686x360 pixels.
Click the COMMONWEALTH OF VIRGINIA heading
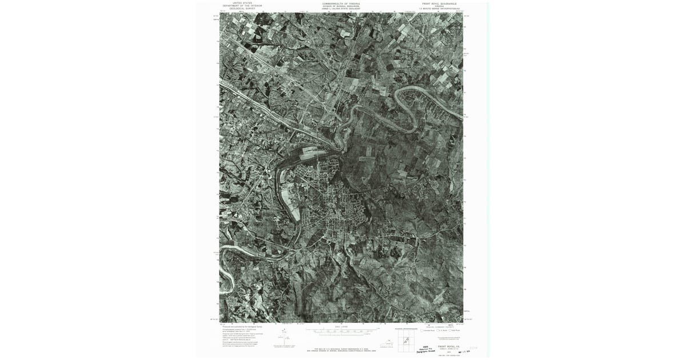pos(341,3)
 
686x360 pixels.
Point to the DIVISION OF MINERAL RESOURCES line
pos(341,6)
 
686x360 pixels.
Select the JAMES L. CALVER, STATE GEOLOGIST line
pos(341,9)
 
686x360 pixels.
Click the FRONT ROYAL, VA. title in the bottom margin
pos(449,346)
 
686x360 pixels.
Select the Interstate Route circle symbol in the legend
pos(422,330)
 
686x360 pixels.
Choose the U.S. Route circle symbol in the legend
pos(437,330)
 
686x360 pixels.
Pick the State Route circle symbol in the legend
pos(450,330)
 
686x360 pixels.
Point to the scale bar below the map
pos(341,331)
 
